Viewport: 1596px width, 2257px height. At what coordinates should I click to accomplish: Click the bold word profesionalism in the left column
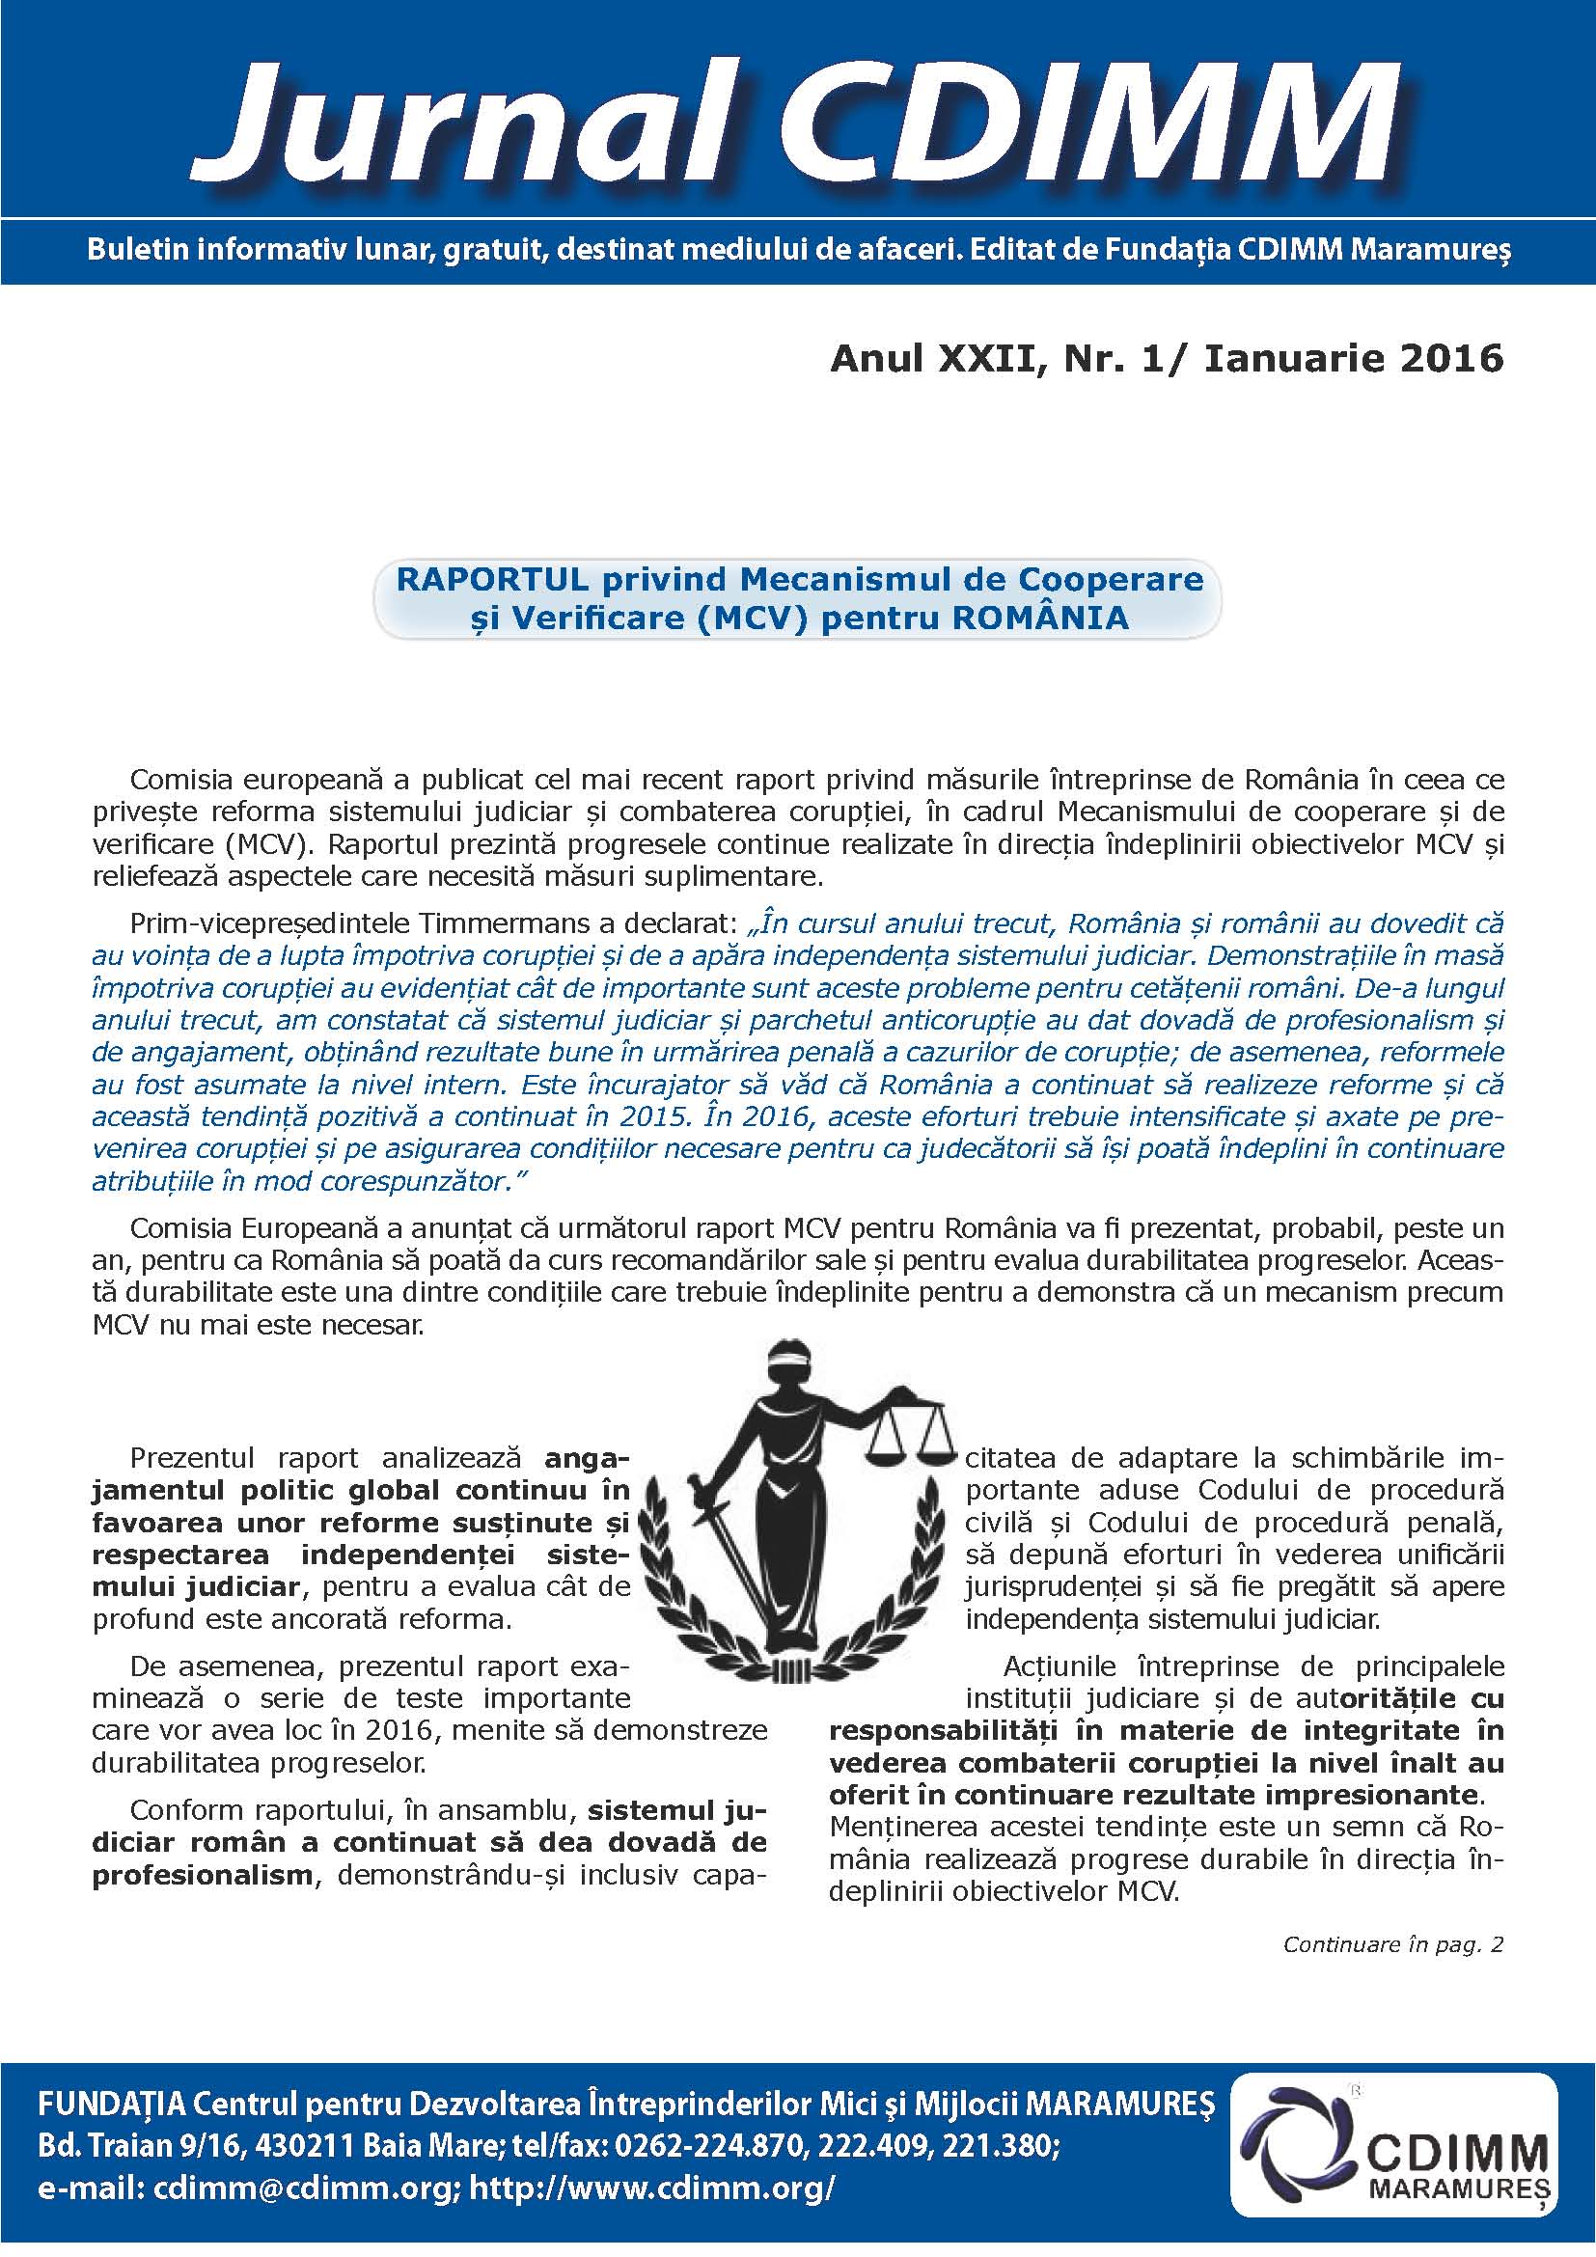click(x=202, y=1876)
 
